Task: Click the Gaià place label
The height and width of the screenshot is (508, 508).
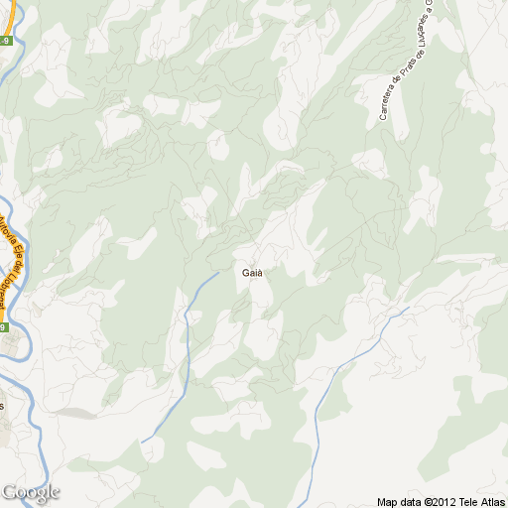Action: [x=252, y=273]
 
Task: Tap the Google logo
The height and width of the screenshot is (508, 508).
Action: [x=31, y=492]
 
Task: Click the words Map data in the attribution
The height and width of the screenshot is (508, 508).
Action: [x=399, y=502]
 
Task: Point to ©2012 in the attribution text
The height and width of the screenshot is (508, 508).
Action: [x=441, y=502]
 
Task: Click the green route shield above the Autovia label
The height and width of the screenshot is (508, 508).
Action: [x=5, y=41]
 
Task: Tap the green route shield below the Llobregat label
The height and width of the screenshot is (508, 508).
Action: [x=4, y=326]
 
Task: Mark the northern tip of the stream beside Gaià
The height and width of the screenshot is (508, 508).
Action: [x=217, y=272]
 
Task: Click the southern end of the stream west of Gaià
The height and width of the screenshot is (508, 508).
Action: [x=142, y=442]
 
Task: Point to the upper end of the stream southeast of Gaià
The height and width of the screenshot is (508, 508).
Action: [x=408, y=309]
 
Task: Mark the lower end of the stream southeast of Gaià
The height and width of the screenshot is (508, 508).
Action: [x=316, y=445]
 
